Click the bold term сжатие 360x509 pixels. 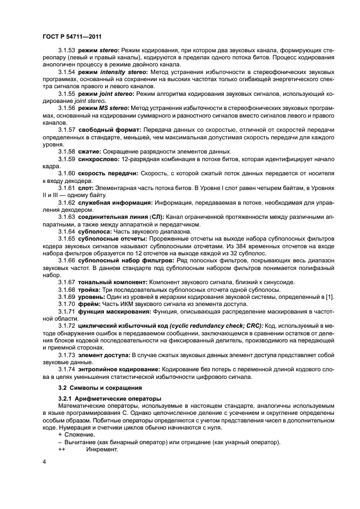(89, 151)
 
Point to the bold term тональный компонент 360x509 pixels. (112, 281)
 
